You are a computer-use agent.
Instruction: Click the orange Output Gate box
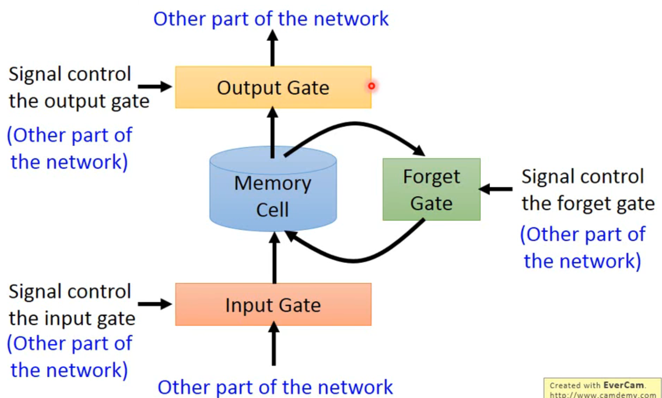coord(273,88)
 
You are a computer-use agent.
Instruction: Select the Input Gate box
coord(273,305)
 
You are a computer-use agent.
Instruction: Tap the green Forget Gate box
coord(431,190)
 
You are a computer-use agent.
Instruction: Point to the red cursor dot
coord(371,86)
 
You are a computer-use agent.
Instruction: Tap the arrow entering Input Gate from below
coord(274,345)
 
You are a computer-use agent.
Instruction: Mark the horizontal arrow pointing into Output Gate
coord(154,87)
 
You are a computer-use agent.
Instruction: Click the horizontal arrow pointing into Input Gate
coord(154,304)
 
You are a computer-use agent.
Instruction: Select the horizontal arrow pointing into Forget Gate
coord(496,189)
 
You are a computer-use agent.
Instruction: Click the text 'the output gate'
coord(79,101)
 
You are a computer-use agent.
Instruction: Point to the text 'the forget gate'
coord(588,204)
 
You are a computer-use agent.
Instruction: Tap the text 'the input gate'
coord(72,318)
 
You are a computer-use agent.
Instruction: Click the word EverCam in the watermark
coord(623,385)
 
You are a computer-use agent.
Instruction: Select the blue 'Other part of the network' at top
coord(271,19)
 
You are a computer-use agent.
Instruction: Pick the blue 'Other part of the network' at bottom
coord(275,387)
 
